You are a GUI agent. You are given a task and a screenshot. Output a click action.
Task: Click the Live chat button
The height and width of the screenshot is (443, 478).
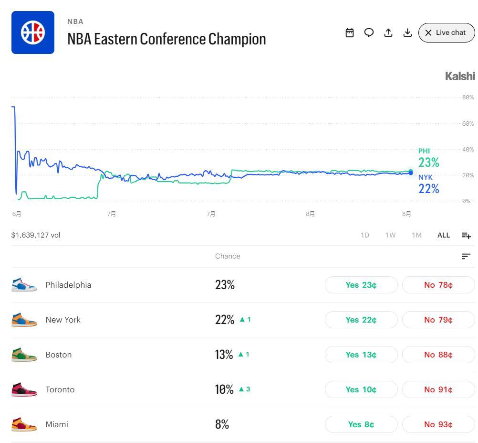point(447,32)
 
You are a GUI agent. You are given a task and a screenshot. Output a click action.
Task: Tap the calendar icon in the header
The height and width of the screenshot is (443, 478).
point(350,32)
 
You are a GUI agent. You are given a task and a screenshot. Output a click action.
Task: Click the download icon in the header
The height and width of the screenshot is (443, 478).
point(407,32)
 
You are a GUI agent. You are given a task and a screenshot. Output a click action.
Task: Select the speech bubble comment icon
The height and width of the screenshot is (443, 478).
point(369,32)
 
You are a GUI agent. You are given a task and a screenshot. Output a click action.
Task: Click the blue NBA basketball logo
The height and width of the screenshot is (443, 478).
point(33,32)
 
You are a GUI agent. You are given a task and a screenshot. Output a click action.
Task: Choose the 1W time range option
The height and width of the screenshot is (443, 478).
point(390,235)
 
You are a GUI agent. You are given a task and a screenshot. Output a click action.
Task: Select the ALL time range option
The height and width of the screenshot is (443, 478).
point(444,235)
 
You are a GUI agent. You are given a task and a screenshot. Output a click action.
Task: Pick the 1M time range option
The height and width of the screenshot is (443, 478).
point(417,235)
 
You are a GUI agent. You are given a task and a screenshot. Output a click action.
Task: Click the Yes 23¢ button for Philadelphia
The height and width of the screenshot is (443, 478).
point(361,285)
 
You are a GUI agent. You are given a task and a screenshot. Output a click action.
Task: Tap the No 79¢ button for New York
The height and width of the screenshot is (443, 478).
point(438,320)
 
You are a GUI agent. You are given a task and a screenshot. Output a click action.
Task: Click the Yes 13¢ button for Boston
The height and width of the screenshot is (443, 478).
point(361,355)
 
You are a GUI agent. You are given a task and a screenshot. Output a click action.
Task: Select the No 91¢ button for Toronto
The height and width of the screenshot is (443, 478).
point(438,389)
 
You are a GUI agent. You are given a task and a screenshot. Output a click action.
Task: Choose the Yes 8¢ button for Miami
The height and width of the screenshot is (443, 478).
point(361,424)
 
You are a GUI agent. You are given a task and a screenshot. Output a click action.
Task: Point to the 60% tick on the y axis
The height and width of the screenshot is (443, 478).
point(468,124)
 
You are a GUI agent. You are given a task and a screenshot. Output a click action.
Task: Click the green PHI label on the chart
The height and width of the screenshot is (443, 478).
point(424,151)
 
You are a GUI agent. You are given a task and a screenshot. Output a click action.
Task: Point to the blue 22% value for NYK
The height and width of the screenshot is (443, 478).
point(428,189)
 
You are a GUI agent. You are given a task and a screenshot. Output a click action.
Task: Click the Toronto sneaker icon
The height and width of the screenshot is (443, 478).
point(24,389)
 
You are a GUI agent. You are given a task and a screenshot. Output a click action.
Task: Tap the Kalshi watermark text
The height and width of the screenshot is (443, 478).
point(460,76)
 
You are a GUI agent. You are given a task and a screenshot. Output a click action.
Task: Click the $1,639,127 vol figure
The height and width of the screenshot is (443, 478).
point(36,235)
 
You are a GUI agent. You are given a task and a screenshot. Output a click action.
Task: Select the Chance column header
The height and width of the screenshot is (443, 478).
point(228,256)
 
